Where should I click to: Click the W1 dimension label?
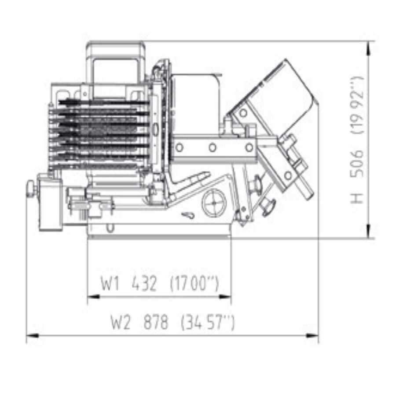(x=110, y=283)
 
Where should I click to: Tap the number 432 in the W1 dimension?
(x=144, y=283)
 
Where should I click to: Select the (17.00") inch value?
(x=194, y=284)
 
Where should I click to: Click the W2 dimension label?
(x=121, y=323)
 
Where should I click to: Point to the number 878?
(x=156, y=323)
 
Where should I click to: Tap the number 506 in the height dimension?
(x=357, y=163)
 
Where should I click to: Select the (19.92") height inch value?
(x=357, y=105)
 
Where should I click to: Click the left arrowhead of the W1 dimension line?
(x=93, y=297)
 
